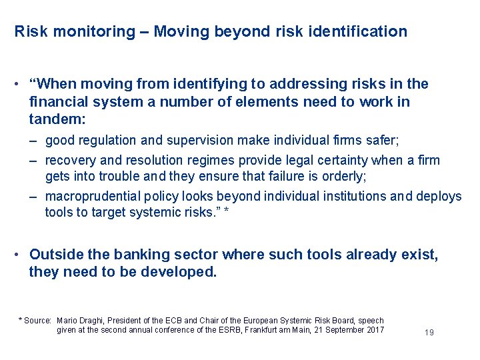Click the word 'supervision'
tap(199, 141)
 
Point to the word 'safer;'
tap(380, 141)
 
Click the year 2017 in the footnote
tap(375, 330)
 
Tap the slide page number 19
tap(429, 332)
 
